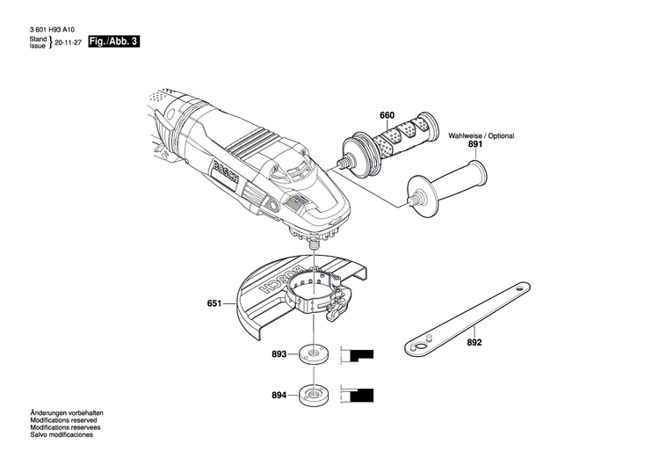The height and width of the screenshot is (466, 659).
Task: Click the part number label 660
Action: [387, 116]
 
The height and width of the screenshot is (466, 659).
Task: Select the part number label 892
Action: [475, 343]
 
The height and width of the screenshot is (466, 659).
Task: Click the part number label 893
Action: [279, 355]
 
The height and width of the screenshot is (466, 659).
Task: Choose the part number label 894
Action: [279, 394]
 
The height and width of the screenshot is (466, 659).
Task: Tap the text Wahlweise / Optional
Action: [482, 135]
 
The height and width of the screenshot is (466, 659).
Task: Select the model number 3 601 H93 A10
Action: [52, 29]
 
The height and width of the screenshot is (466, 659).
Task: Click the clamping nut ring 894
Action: [311, 394]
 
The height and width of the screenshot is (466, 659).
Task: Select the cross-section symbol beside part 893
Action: [356, 355]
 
